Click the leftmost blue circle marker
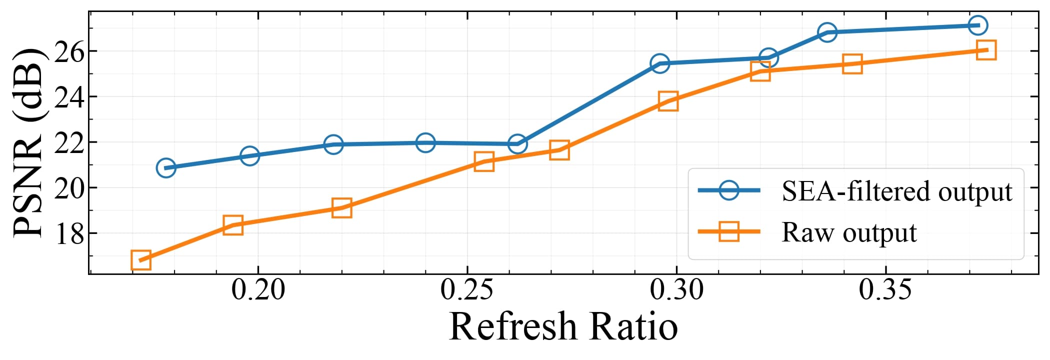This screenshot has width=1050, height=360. pos(166,168)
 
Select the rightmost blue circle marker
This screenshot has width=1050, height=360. pos(978,25)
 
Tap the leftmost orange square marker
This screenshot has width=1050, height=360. pos(141,260)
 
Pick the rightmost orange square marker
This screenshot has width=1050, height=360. pos(986,50)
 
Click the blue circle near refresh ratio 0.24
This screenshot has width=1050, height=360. pos(425,143)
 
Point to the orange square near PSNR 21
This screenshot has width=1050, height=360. pos(484,161)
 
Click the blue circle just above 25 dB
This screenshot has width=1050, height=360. pos(660,63)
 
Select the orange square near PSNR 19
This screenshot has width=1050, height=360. pos(341,207)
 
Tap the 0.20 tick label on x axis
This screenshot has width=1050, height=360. pos(258,290)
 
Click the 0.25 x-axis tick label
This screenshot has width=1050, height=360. pos(467,290)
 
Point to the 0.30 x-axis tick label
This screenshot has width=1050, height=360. pos(676,290)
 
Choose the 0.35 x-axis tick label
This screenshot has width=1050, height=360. pos(885,290)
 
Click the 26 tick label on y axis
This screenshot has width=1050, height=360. pos(68,51)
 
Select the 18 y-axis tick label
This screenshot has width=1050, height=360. pos(68,233)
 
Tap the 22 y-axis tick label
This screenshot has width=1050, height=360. pos(68,142)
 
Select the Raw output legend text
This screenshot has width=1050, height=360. pos(849,232)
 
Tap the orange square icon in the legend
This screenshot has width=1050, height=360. pos(729,231)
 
